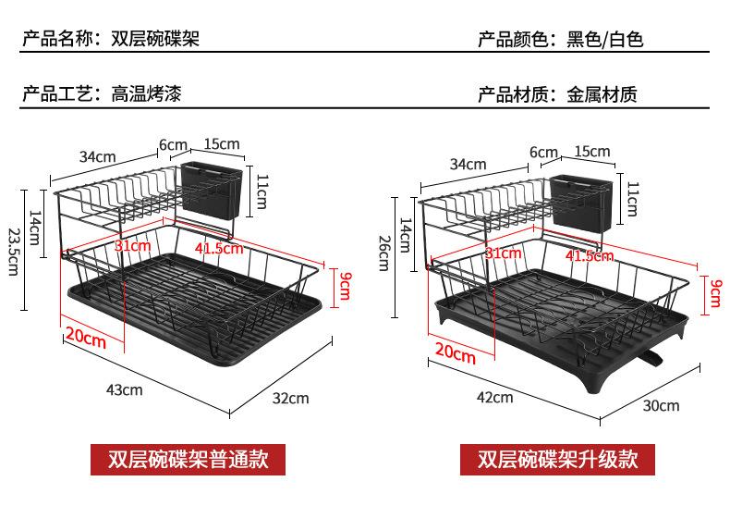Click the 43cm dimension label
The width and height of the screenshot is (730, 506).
click(125, 389)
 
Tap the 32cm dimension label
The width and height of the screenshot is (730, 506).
click(291, 398)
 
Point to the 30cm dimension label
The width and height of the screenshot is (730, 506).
click(662, 405)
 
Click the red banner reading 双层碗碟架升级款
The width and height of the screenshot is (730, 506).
click(553, 459)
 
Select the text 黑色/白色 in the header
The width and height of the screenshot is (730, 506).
click(604, 40)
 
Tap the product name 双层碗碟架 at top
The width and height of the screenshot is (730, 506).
click(154, 40)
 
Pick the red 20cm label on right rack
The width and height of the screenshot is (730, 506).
click(455, 352)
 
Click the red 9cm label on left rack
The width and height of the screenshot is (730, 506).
click(344, 286)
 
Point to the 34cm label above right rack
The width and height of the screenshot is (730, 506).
click(468, 165)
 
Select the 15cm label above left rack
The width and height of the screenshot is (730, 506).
click(221, 143)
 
